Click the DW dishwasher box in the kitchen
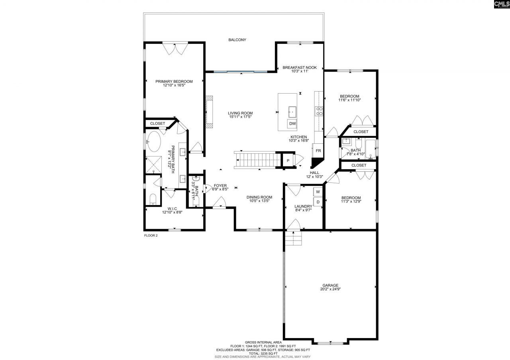coord(292,124)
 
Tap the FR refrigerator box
coord(318,151)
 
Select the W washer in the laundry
coord(318,192)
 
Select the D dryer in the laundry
coord(318,202)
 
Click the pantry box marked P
coord(288,160)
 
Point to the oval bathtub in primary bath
coord(153,141)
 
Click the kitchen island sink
coord(292,111)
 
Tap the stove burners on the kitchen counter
coord(319,111)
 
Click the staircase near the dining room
coord(259,160)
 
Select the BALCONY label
coord(237,40)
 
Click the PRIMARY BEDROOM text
coord(174,82)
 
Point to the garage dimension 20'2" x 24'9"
coord(330,290)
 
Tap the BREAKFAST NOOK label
coord(300,68)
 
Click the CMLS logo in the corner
coord(501,5)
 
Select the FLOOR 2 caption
coord(151,236)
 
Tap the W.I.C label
coord(172,208)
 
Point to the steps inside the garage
coord(293,240)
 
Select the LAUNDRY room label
coord(303,206)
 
